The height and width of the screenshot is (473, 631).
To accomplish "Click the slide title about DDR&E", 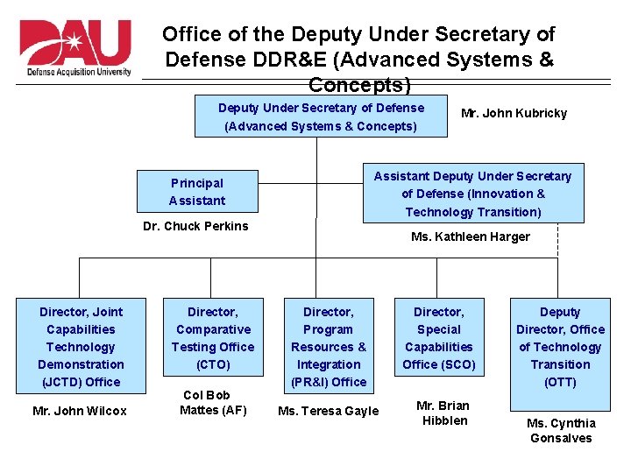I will click(358, 60).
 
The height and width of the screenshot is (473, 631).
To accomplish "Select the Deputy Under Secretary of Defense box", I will click(321, 117).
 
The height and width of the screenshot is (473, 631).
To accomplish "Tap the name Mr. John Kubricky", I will click(514, 113).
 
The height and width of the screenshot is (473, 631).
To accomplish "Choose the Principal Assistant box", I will click(197, 192).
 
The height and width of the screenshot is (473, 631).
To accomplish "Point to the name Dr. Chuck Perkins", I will click(195, 226).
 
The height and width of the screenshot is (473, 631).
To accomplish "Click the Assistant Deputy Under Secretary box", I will click(472, 194).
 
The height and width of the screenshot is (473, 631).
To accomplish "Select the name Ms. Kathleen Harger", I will click(471, 236).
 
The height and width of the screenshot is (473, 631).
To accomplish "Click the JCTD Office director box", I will click(81, 346).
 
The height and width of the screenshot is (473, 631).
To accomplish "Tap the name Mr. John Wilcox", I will click(80, 411).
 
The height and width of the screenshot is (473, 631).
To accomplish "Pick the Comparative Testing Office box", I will click(213, 337).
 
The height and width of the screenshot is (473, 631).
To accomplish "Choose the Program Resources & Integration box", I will click(329, 346).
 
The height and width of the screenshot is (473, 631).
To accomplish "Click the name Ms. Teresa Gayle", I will click(328, 411).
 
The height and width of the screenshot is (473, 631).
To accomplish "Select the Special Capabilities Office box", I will click(438, 337).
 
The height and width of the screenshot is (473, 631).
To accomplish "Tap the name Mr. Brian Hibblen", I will click(443, 413).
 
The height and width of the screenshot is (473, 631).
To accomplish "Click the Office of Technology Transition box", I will click(560, 346).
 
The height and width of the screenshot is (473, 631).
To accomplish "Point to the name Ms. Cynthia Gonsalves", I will click(560, 430).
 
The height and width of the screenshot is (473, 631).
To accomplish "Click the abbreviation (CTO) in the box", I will click(213, 364).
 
